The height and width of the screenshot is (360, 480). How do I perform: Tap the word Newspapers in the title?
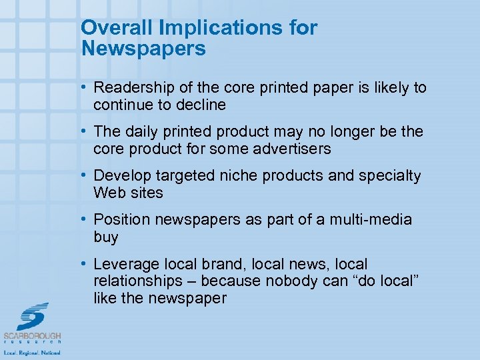pyautogui.click(x=143, y=48)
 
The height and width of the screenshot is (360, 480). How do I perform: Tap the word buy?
pyautogui.click(x=106, y=237)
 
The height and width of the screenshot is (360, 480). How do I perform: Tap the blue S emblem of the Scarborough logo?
pyautogui.click(x=32, y=316)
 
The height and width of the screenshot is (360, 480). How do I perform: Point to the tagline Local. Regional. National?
pyautogui.click(x=32, y=352)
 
